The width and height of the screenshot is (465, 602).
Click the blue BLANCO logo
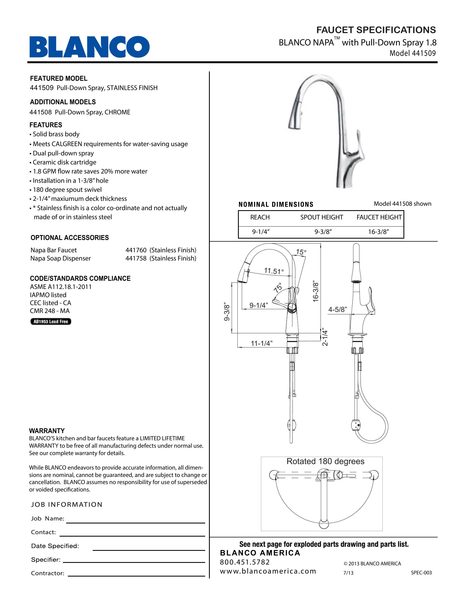tap(89, 47)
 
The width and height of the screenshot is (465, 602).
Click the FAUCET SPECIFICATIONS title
tap(376, 30)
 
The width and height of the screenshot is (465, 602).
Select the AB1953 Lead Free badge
tap(51, 322)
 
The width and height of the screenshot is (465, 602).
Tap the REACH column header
tap(260, 217)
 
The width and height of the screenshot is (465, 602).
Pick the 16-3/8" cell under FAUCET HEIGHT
tap(379, 232)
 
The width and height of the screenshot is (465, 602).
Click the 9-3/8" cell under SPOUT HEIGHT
tap(323, 232)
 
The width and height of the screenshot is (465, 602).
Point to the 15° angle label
tap(301, 252)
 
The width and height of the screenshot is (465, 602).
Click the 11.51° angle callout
tap(274, 271)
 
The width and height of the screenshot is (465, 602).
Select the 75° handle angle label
tap(278, 288)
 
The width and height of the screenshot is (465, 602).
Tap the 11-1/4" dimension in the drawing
tap(261, 343)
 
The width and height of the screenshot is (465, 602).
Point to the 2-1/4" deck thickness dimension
tap(325, 338)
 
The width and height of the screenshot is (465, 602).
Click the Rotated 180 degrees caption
tap(325, 461)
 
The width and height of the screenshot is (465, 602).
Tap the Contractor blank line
tap(136, 576)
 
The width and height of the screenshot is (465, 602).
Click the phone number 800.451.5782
tap(245, 562)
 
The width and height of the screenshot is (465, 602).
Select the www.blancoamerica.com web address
tap(268, 571)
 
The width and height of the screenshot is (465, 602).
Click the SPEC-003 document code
tap(421, 573)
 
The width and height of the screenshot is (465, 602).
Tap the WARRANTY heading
tap(47, 430)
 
